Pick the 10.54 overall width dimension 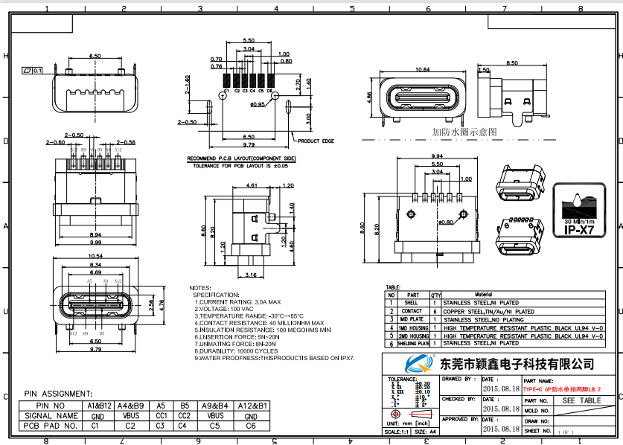pyautogui.click(x=95, y=255)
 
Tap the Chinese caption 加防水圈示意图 pyautogui.click(x=464, y=132)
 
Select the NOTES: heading pyautogui.click(x=200, y=287)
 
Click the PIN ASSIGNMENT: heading pyautogui.click(x=59, y=393)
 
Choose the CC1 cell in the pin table pyautogui.click(x=160, y=416)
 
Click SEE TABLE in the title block pyautogui.click(x=581, y=400)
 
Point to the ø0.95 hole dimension pyautogui.click(x=258, y=104)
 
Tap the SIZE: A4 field pyautogui.click(x=421, y=431)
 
